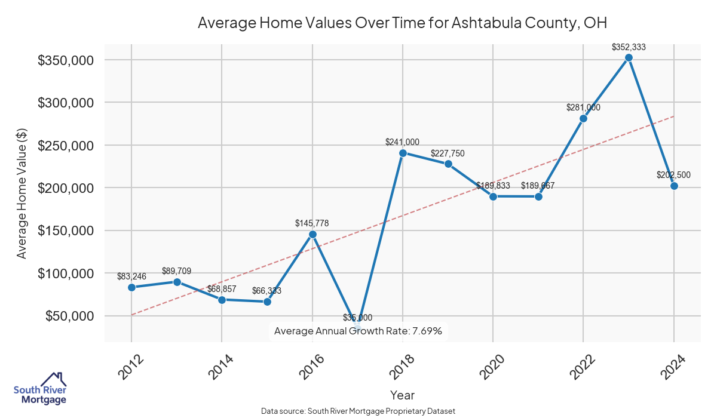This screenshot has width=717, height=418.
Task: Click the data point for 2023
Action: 629,58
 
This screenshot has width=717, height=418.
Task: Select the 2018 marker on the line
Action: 403,153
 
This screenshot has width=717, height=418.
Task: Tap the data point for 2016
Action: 312,234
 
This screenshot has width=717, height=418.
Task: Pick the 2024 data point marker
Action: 674,186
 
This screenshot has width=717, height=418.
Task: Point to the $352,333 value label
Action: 629,47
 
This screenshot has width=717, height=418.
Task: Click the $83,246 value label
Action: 131,276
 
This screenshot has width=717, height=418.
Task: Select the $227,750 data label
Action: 448,153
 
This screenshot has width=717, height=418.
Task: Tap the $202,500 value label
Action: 674,175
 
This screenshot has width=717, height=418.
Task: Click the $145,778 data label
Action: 312,223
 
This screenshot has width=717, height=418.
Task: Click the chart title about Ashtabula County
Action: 402,23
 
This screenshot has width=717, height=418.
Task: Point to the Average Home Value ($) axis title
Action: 22,196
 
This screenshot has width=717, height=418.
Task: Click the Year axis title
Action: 402,395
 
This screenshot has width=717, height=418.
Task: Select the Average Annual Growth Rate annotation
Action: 358,331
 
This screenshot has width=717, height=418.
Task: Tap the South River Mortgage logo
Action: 40,389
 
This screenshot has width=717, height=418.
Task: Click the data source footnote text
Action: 358,411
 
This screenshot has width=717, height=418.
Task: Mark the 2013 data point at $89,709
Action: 177,282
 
